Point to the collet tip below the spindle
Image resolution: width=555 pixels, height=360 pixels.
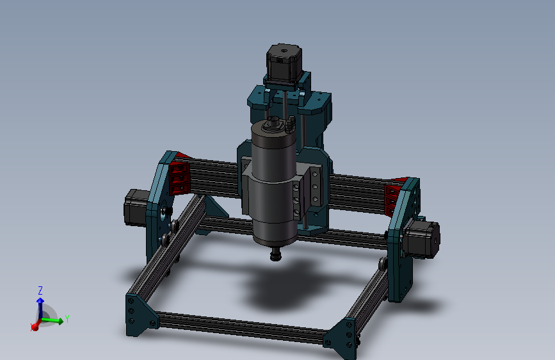[x=276, y=256]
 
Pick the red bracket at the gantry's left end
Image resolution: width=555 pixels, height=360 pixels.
[x=179, y=177]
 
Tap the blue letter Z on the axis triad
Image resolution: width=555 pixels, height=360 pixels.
[x=40, y=290]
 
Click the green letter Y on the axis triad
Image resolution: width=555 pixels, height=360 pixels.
[x=67, y=317]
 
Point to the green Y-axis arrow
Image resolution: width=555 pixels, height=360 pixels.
[x=54, y=320]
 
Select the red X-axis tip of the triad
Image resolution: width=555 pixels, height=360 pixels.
[x=35, y=327]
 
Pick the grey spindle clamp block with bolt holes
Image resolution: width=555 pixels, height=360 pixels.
[x=306, y=190]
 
